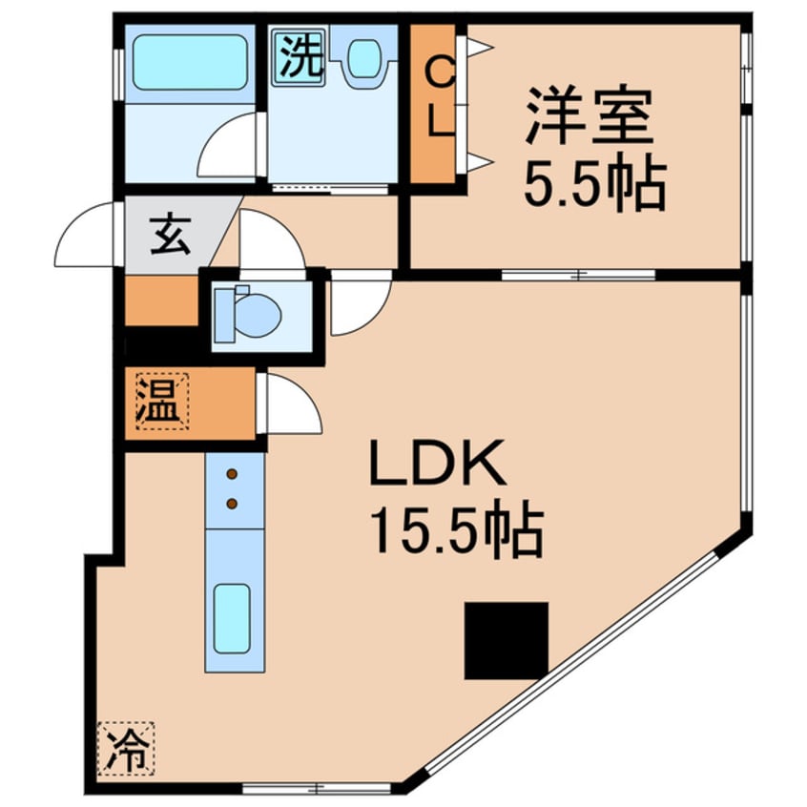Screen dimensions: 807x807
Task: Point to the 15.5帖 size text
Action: (457, 532)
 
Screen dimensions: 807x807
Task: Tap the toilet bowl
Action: (250, 314)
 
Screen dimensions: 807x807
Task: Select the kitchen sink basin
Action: (232, 619)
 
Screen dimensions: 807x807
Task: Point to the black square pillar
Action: (507, 639)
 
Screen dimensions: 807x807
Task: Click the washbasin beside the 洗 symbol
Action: (362, 60)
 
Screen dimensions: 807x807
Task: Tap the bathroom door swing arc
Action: (229, 148)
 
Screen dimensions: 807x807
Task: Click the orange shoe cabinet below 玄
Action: (160, 300)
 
